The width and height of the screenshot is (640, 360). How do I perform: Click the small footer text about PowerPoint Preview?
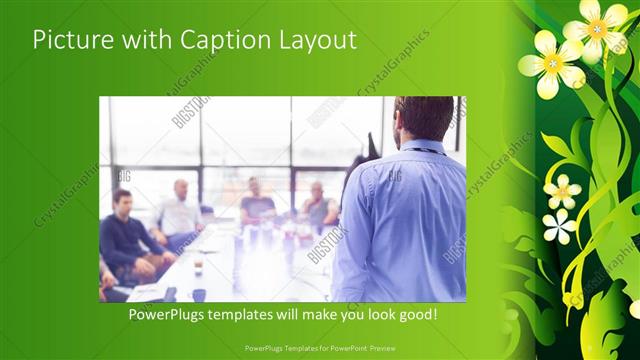[x=319, y=347]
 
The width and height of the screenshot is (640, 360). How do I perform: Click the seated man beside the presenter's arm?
[x=319, y=208]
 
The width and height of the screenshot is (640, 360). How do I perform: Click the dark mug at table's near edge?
[x=199, y=295]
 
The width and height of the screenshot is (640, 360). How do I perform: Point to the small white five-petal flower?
[x=560, y=226]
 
